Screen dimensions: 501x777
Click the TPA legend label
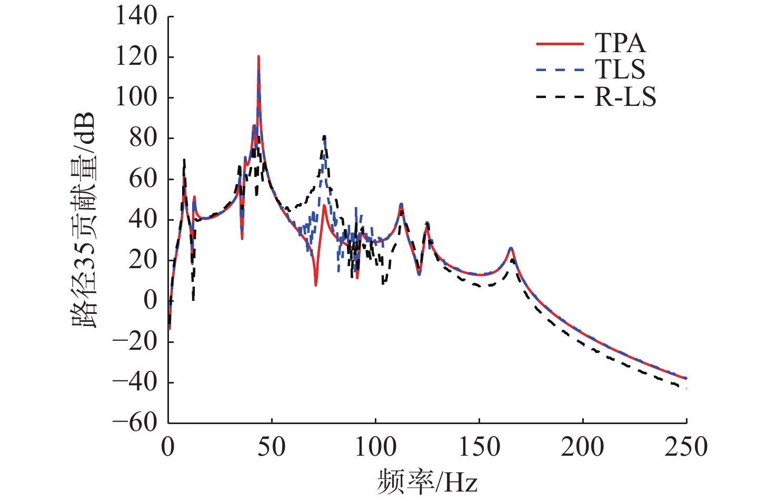point(620,43)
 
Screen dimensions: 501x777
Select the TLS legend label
point(620,70)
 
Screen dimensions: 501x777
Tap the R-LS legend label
point(625,97)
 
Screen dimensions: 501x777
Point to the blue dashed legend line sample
point(560,70)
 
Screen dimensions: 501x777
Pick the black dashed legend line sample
point(560,97)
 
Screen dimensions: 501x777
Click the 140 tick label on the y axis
point(136,16)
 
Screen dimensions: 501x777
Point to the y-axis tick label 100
point(136,97)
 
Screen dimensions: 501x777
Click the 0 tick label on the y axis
point(151,301)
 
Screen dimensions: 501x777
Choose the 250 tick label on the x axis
point(686,447)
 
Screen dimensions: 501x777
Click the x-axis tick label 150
point(479,447)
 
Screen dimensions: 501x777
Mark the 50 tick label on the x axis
point(272,447)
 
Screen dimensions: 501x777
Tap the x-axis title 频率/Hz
point(427,481)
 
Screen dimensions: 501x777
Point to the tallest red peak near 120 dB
point(258,56)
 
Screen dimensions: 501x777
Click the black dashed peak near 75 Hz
point(324,136)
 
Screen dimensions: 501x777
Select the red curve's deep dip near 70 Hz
point(315,285)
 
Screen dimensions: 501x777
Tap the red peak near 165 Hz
point(511,248)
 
